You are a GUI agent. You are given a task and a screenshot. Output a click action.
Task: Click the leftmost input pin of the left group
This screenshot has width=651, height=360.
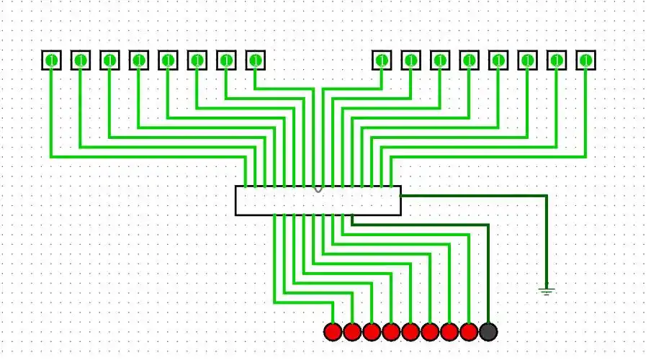[51, 60]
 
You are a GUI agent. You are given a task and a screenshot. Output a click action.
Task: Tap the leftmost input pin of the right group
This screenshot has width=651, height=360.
[382, 60]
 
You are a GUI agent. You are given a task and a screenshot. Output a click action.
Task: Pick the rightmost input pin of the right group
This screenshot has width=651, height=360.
[586, 60]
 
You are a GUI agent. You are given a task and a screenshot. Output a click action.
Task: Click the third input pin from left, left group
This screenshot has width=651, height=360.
[109, 60]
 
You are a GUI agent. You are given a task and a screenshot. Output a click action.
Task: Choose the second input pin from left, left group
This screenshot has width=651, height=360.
[81, 60]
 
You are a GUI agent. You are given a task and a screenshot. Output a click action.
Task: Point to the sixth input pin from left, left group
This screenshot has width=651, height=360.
[197, 60]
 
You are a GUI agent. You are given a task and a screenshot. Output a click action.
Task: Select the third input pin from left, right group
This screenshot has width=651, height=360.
[440, 60]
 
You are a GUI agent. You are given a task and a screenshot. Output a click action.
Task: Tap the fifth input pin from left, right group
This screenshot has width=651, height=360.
[498, 60]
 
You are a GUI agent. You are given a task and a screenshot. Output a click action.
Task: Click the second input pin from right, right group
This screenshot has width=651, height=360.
[557, 60]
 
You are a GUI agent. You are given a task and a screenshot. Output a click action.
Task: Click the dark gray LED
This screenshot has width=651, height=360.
[488, 331]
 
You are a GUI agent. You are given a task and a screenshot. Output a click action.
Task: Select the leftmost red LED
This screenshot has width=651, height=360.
[333, 331]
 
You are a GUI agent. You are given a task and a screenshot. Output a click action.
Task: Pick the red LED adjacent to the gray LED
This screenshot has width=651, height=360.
[469, 331]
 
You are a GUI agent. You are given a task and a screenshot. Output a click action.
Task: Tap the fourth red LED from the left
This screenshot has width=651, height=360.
[391, 331]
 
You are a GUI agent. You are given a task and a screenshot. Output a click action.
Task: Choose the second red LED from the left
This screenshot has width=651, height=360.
[352, 331]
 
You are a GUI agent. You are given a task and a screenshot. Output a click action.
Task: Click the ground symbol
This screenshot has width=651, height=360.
[547, 291]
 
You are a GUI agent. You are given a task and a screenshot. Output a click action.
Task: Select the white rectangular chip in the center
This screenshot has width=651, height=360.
[318, 201]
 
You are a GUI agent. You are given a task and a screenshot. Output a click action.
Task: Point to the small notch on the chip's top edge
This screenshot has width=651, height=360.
[318, 189]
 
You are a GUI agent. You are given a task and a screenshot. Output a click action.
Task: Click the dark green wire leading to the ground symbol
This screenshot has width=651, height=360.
[547, 238]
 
